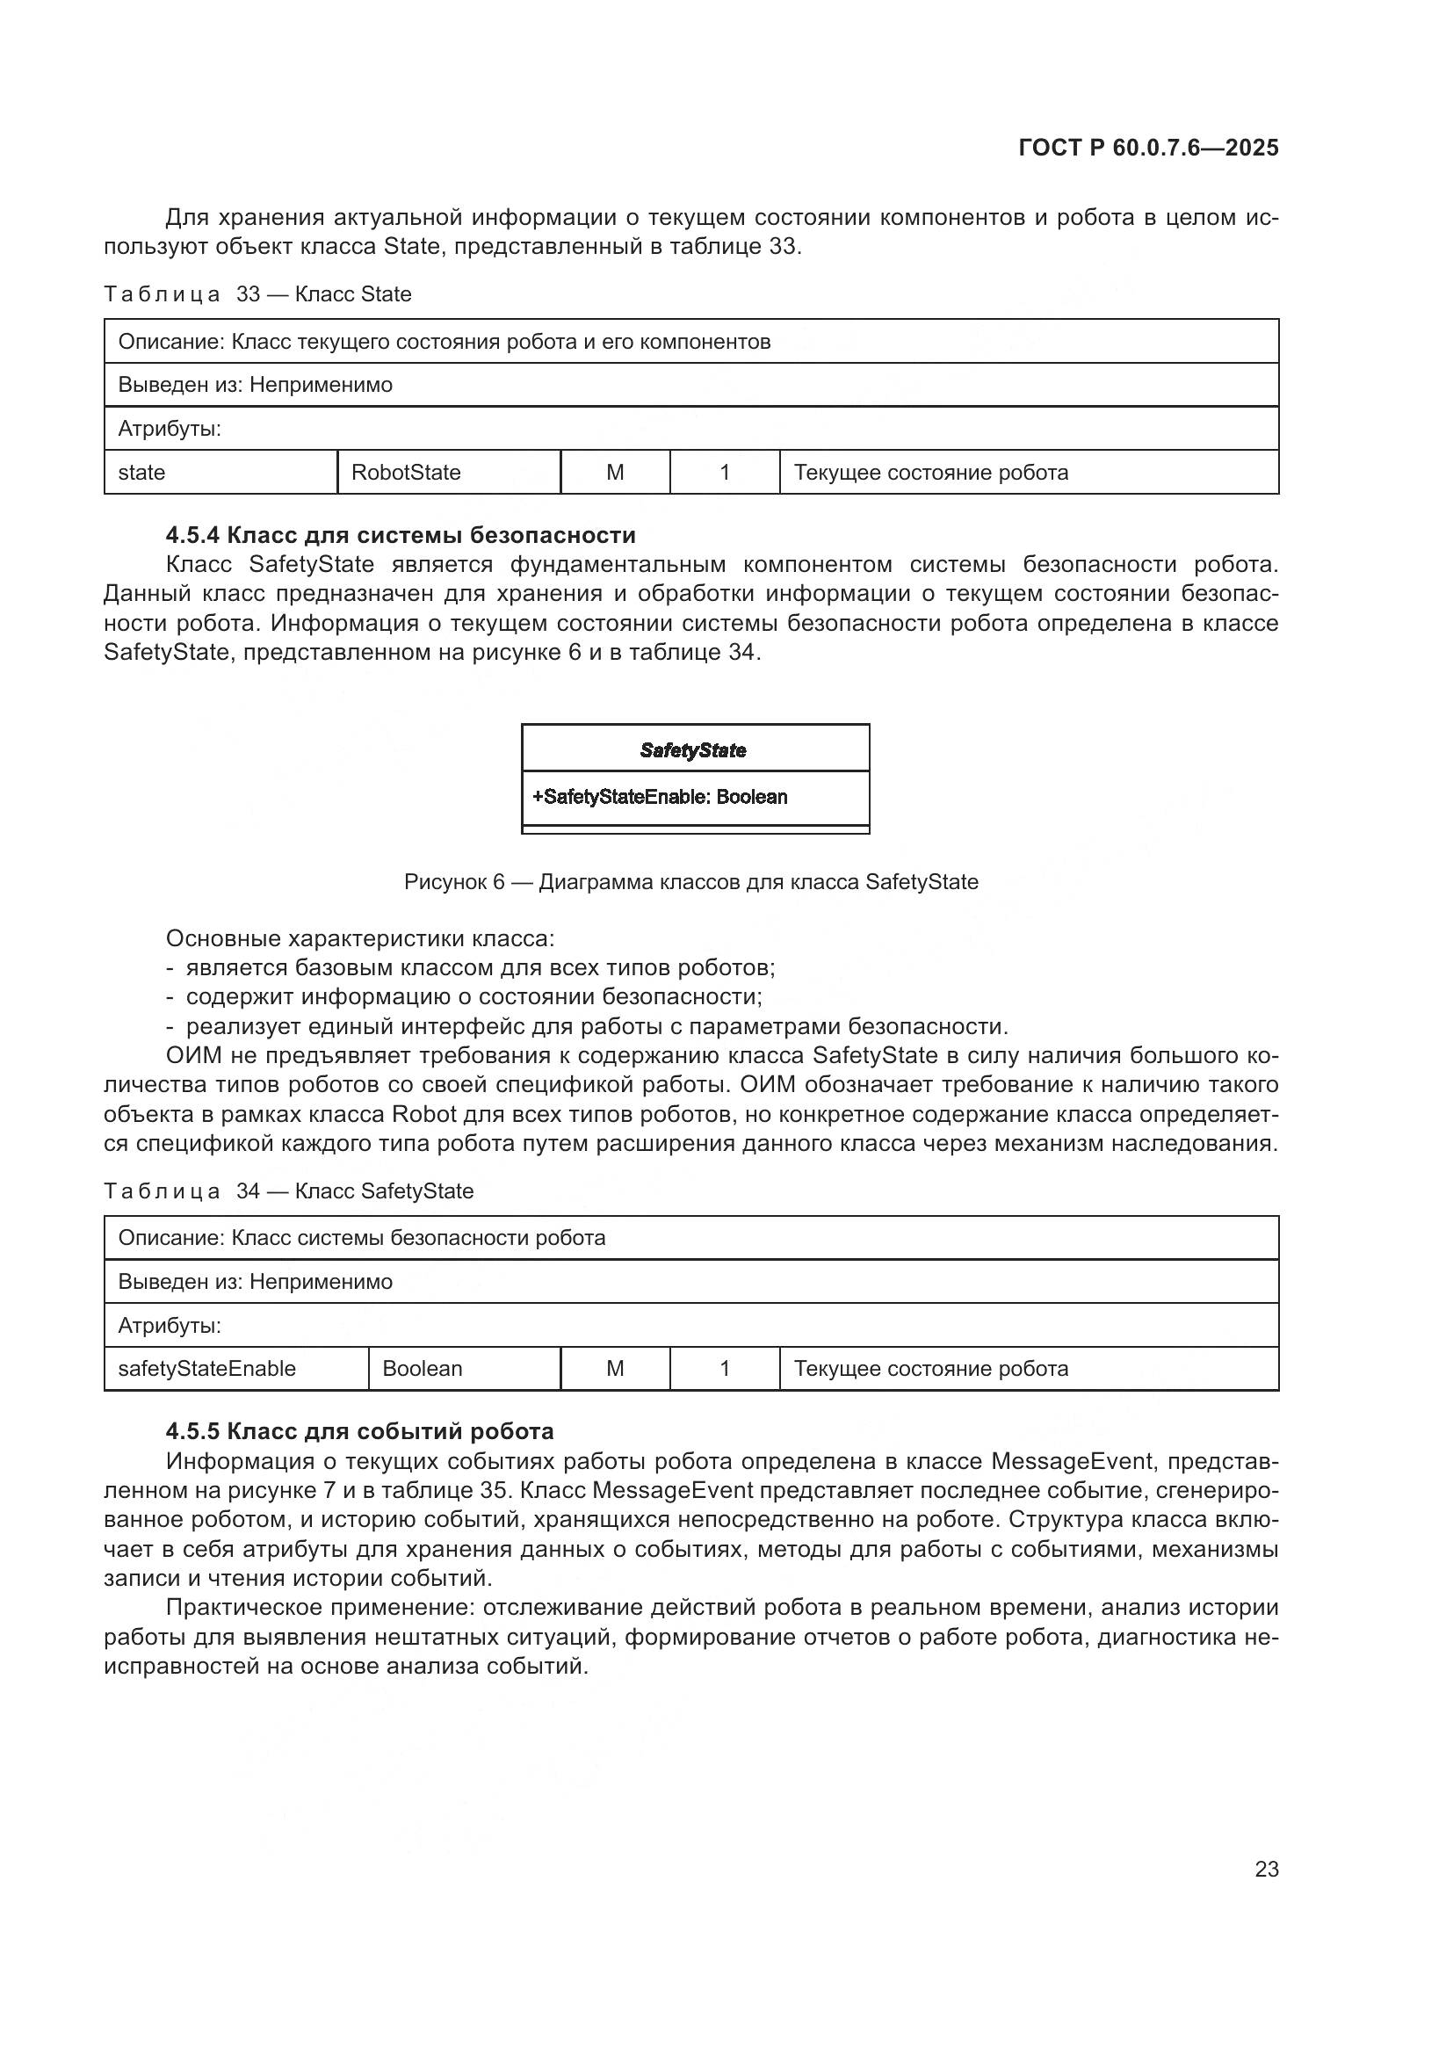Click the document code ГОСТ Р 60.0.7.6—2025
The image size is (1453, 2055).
coord(1148,148)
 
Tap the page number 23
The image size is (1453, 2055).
coord(1266,1869)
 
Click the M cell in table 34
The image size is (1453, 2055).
coord(615,1369)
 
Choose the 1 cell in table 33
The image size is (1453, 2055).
coord(725,472)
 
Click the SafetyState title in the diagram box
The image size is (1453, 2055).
coord(693,750)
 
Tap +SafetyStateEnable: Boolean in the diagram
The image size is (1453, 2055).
coord(661,797)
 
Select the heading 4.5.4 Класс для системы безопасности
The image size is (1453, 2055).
coord(401,535)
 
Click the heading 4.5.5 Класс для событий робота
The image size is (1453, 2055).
coord(359,1431)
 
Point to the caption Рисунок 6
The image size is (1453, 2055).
coord(690,881)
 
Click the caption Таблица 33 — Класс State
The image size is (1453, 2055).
coord(257,294)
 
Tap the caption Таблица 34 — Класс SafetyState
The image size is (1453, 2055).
coord(288,1191)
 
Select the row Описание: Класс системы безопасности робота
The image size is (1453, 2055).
coord(361,1238)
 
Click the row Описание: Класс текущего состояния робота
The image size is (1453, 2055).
coord(444,341)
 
